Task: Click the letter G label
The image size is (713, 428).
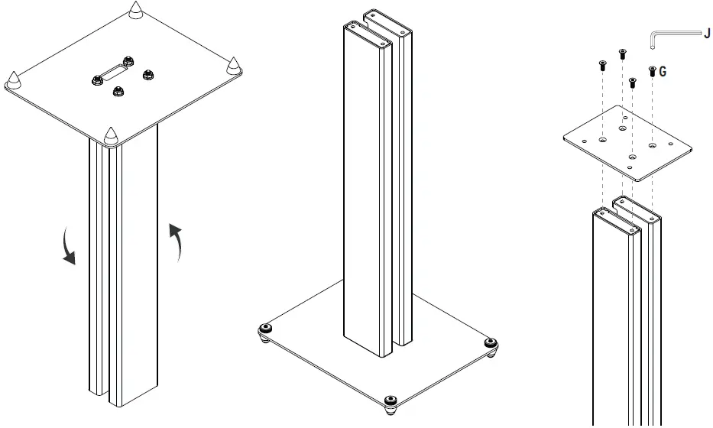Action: click(662, 71)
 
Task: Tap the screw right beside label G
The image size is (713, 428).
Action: click(651, 72)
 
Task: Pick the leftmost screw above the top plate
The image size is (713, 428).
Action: click(602, 66)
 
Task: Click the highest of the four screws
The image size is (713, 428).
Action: click(621, 53)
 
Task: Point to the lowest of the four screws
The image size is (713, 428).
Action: click(632, 83)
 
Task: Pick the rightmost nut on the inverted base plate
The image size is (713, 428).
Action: click(148, 75)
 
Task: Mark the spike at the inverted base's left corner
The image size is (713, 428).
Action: click(15, 79)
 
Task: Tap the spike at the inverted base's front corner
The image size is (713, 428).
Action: click(110, 136)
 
